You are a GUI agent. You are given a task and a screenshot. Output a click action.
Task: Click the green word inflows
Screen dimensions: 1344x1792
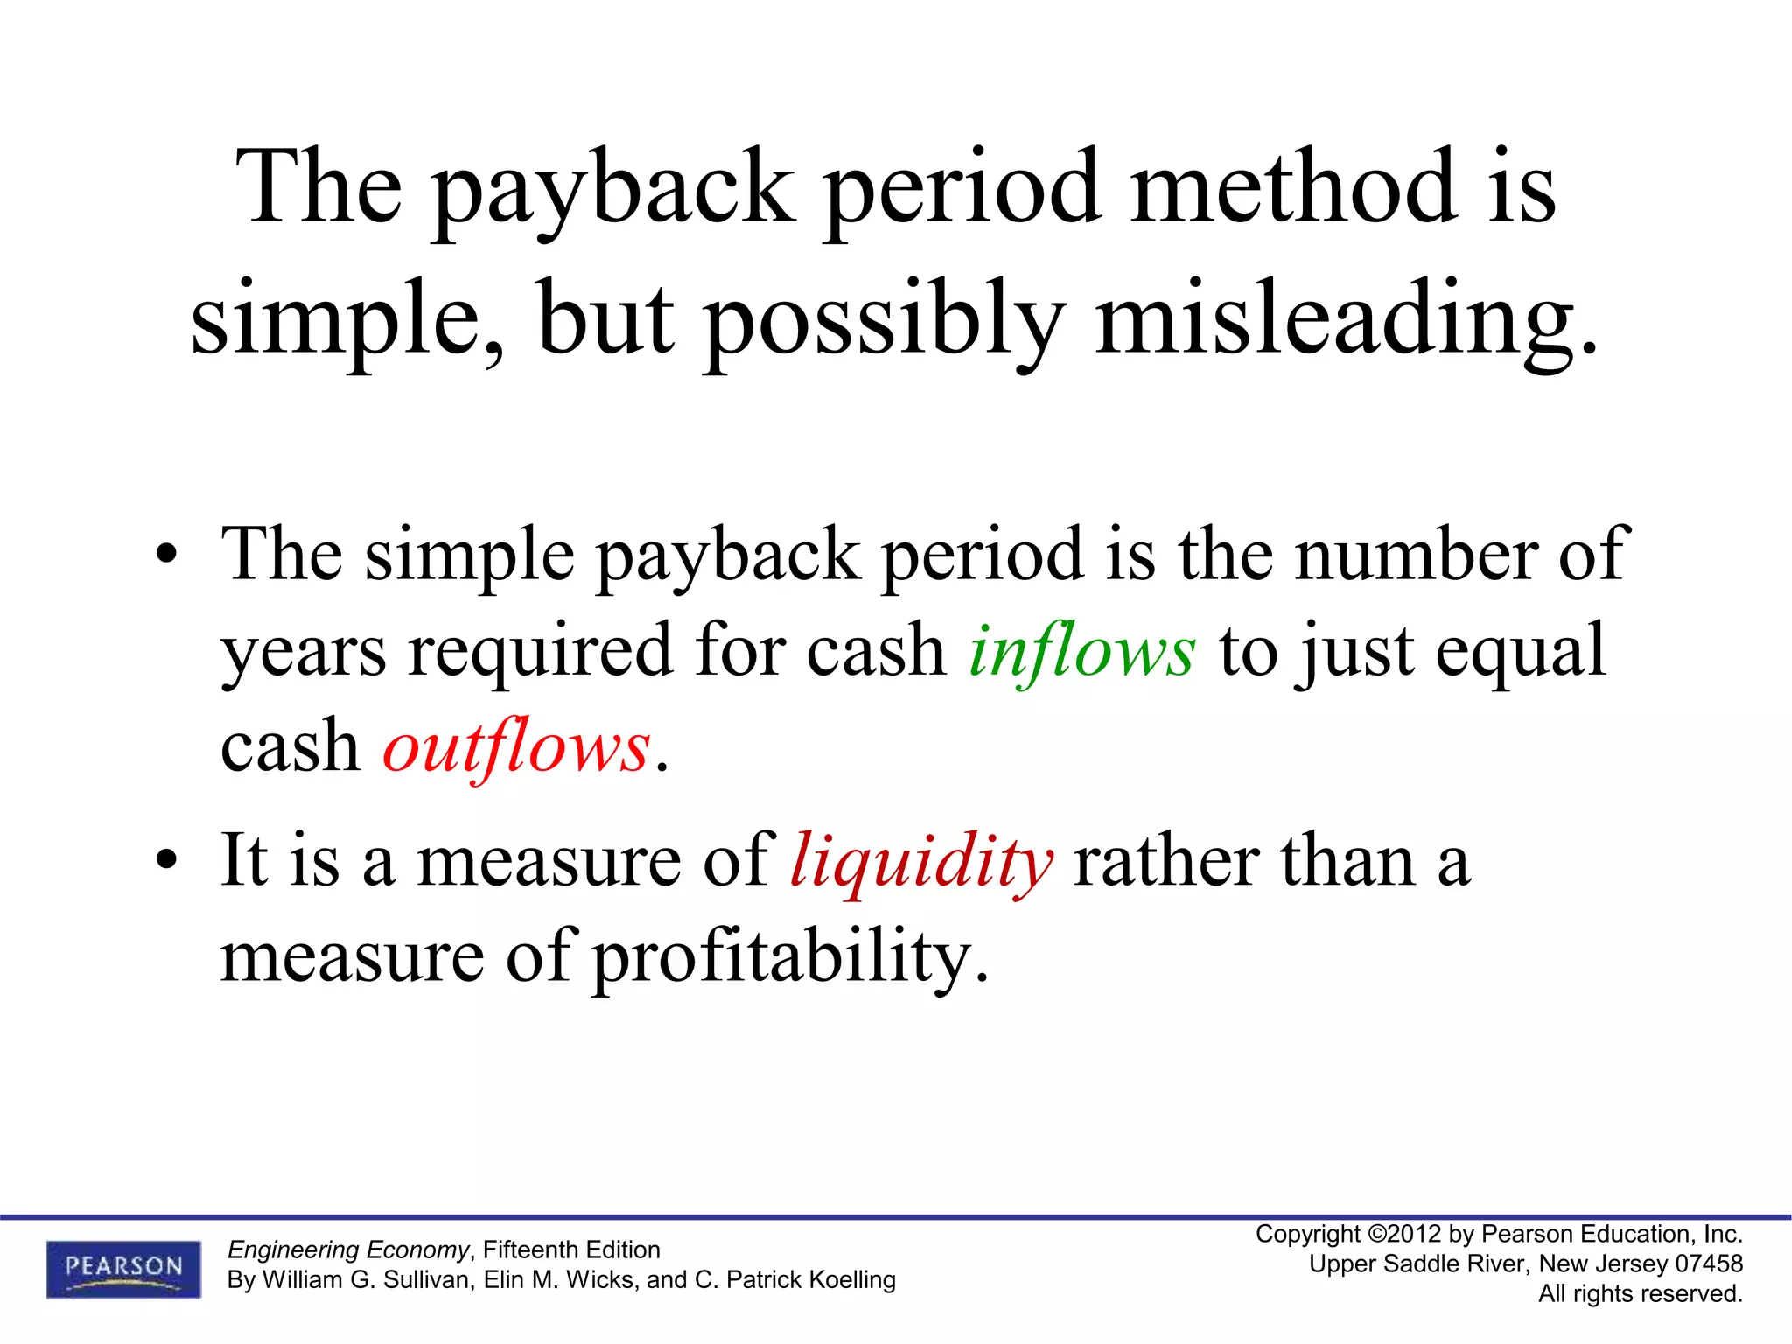[x=1081, y=653]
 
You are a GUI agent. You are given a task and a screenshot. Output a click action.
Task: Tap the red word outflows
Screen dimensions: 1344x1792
[x=516, y=748]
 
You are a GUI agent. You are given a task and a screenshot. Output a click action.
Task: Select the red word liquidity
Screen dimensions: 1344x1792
[x=921, y=862]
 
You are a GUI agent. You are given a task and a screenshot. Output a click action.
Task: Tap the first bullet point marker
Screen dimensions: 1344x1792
[x=166, y=556]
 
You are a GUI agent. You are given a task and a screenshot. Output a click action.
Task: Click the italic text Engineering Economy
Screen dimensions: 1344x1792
[x=348, y=1249]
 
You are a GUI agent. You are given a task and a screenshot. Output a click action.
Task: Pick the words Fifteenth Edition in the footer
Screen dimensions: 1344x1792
[x=571, y=1249]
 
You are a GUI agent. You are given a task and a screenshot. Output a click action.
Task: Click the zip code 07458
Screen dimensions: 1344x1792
[x=1708, y=1263]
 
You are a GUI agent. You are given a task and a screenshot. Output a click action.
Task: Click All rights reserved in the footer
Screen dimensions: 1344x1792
[x=1641, y=1293]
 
